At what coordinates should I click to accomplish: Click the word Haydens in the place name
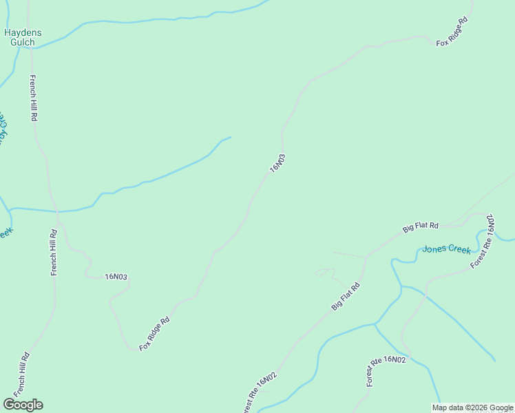tap(22, 32)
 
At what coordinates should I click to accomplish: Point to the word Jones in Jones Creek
tap(435, 249)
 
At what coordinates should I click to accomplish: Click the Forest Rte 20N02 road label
tap(483, 241)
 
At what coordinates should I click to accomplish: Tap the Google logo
tap(23, 405)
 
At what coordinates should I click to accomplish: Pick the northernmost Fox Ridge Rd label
tap(452, 32)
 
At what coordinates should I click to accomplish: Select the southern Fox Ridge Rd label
tap(154, 334)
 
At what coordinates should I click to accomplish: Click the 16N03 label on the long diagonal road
tap(277, 162)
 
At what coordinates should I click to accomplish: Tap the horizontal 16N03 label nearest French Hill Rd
tap(116, 277)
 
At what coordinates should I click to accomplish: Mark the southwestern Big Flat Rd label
tap(346, 296)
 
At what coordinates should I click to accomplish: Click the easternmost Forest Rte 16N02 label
tap(386, 371)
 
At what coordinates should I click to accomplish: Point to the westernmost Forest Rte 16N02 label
tap(259, 392)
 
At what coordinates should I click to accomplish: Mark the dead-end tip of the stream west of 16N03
tap(231, 136)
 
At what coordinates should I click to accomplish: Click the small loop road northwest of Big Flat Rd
tap(321, 273)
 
